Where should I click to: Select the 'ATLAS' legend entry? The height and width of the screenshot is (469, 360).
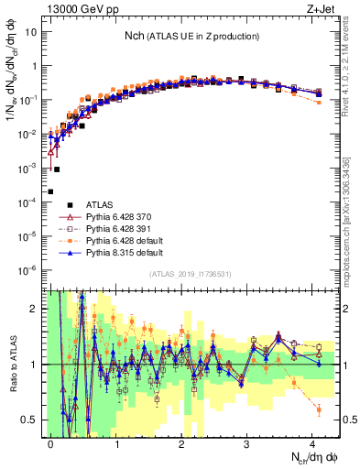click(100, 204)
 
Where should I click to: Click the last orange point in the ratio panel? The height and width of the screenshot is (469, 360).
click(318, 409)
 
